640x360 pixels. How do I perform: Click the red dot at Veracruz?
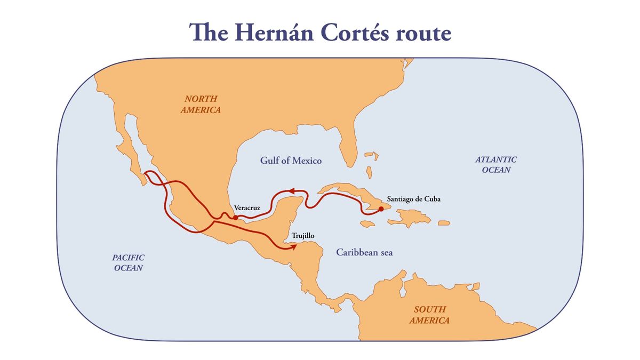coord(235,217)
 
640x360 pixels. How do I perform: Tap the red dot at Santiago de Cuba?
coord(381,209)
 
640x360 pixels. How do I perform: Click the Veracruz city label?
coord(247,207)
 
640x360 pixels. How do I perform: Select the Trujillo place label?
coord(302,235)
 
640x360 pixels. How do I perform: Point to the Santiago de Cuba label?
coord(414,199)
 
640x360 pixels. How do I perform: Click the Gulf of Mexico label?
coord(291,161)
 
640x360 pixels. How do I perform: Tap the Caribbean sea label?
coord(364,252)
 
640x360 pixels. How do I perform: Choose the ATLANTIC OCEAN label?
coord(496,164)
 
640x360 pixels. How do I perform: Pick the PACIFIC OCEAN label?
coord(129,262)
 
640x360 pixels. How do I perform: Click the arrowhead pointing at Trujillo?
coord(293,246)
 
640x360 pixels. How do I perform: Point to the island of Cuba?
coord(347,193)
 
